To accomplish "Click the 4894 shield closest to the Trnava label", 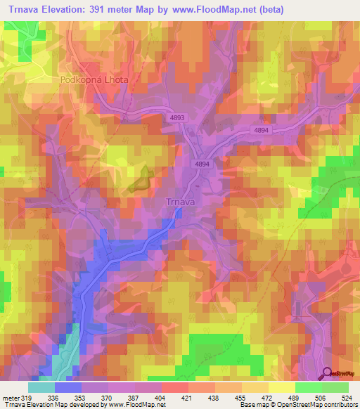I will (202, 163).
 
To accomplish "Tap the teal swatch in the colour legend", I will (41, 387).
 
